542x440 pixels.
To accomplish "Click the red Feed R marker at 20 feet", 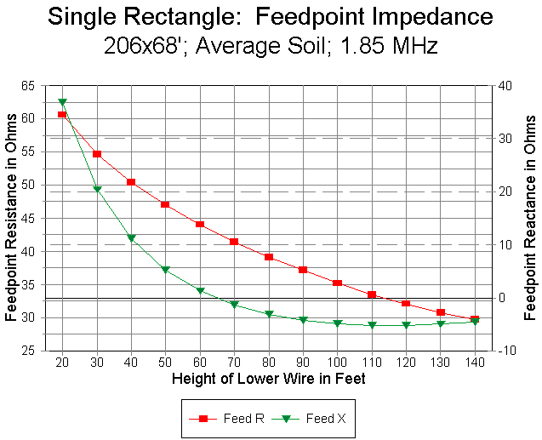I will coord(62,114).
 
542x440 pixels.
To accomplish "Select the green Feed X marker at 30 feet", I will coord(97,189).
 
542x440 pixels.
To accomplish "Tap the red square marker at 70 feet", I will coord(234,242).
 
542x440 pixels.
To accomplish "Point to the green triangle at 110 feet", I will coord(372,325).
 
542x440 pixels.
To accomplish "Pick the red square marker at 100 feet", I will coord(337,283).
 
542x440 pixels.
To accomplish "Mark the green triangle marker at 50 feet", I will coord(165,270).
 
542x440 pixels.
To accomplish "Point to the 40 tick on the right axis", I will coord(505,85).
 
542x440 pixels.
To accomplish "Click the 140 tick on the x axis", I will coord(475,363).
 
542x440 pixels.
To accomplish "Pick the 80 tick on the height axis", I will coord(268,363).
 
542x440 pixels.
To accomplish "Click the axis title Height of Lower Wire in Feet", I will coord(268,379).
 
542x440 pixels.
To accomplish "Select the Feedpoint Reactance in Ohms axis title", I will coord(530,219).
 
